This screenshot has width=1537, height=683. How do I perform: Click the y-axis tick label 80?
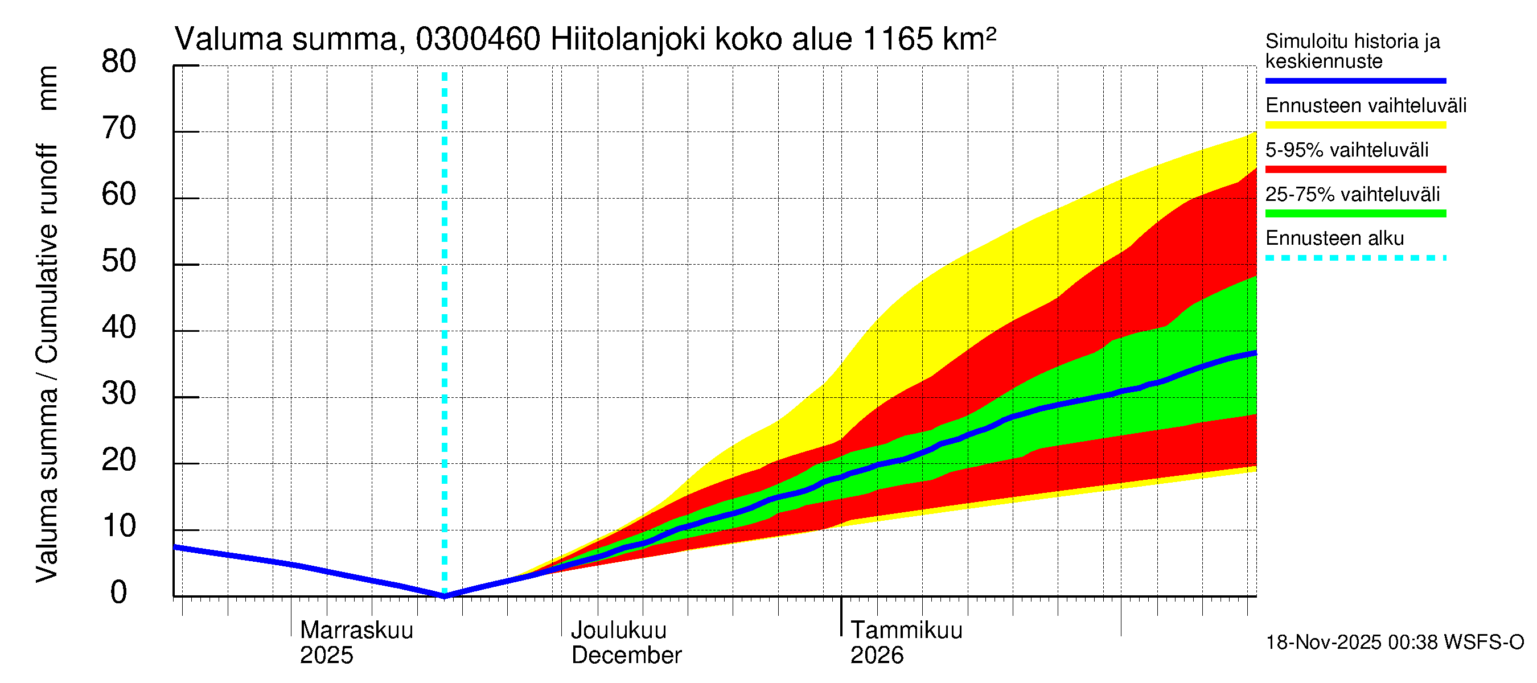click(x=119, y=62)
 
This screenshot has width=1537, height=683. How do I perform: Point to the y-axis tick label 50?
click(x=119, y=261)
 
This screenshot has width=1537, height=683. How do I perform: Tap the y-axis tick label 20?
click(x=119, y=460)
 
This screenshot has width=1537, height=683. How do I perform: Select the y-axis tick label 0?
click(x=119, y=593)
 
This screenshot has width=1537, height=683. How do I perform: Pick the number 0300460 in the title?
click(x=478, y=40)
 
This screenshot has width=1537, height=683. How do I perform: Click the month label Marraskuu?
click(x=356, y=631)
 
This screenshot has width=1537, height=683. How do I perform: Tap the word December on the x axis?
click(x=626, y=656)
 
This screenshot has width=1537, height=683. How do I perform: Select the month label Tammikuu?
click(x=906, y=631)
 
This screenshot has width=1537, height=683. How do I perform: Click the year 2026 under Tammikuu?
click(x=877, y=656)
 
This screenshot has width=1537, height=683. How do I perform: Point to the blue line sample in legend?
click(x=1355, y=80)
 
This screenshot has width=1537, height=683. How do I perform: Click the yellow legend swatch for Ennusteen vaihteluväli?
click(x=1355, y=125)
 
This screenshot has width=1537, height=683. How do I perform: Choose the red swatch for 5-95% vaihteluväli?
click(x=1355, y=170)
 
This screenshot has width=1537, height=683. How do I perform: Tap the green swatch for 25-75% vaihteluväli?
click(x=1355, y=213)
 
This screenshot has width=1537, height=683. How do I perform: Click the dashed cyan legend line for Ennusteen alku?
click(x=1355, y=258)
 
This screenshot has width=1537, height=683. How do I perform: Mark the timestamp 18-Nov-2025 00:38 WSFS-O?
click(x=1394, y=643)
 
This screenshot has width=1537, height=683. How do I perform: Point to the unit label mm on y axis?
click(x=47, y=88)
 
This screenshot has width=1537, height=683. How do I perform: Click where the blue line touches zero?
click(x=445, y=596)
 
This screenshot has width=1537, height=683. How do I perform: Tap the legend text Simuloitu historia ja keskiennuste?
click(x=1352, y=51)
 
